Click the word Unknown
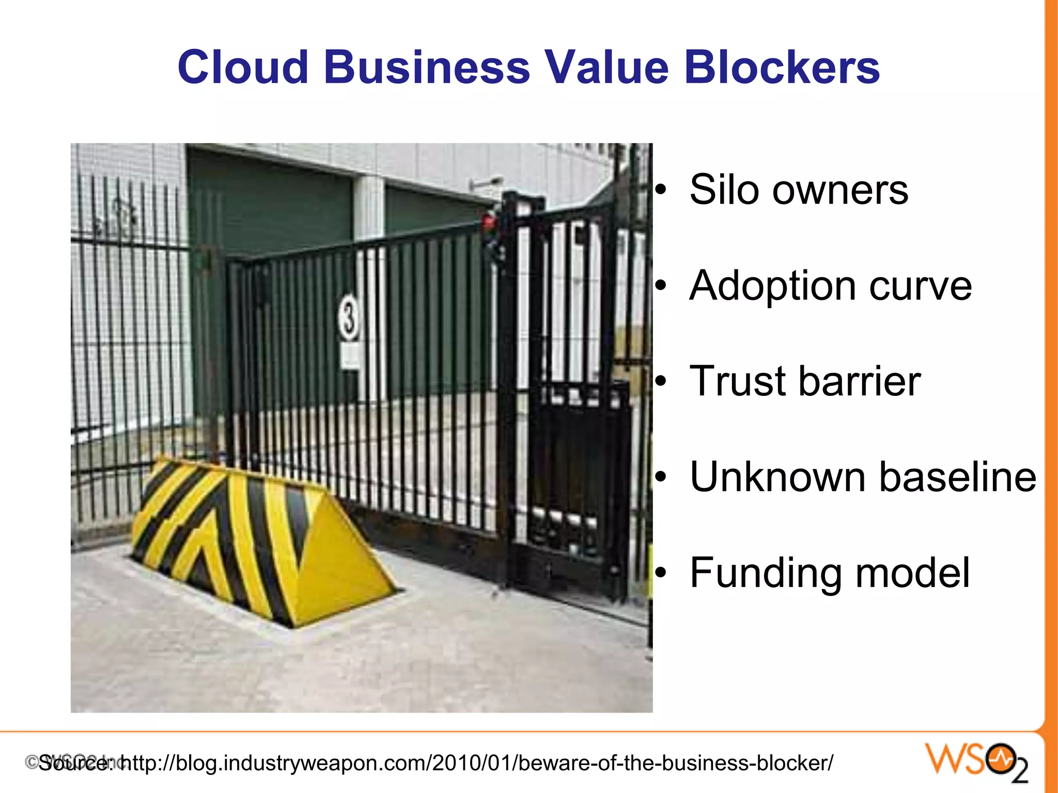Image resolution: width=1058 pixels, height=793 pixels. click(x=778, y=477)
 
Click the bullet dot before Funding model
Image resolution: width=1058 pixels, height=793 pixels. click(x=661, y=574)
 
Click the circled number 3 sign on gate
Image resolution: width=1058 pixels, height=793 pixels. click(x=349, y=318)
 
